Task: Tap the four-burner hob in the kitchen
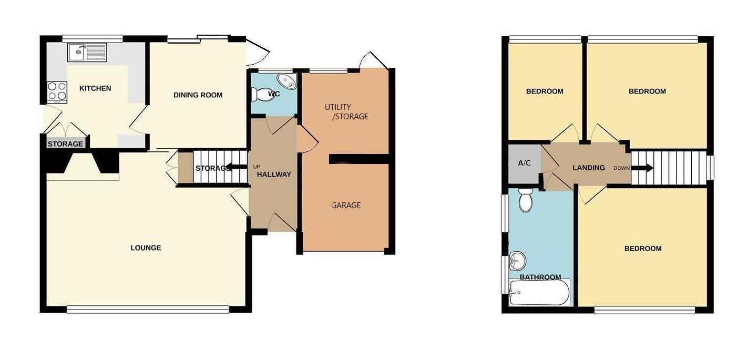(57, 91)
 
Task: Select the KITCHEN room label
(95, 88)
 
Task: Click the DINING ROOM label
(198, 95)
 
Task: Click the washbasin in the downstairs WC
(287, 81)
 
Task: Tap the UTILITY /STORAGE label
(346, 111)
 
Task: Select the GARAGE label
(346, 205)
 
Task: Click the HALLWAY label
(274, 174)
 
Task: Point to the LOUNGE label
(146, 248)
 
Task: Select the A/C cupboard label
(524, 163)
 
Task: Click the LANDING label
(589, 168)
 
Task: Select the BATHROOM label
(540, 277)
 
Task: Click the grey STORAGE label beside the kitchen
(65, 144)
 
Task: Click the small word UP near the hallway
(257, 167)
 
